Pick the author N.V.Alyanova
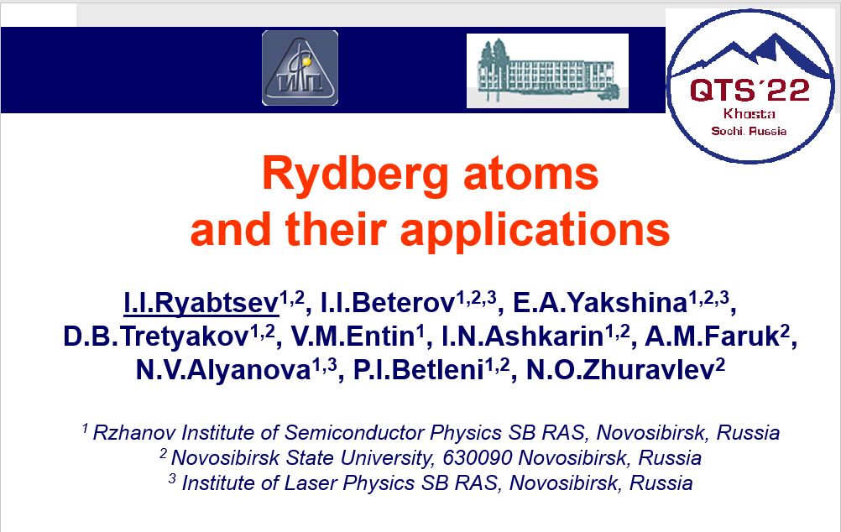coord(222,371)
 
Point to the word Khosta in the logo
coord(749,114)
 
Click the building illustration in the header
coord(547,70)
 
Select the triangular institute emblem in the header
coord(300,68)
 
